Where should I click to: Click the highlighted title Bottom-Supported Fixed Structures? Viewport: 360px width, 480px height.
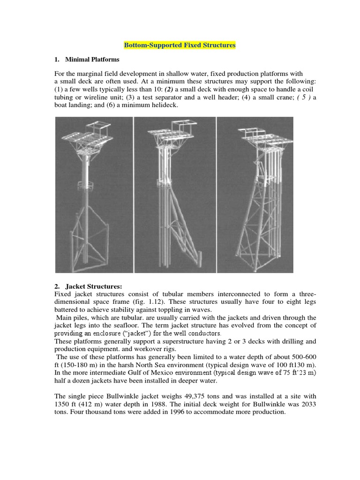pyautogui.click(x=180, y=45)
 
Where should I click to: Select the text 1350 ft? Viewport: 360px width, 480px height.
pyautogui.click(x=66, y=404)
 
